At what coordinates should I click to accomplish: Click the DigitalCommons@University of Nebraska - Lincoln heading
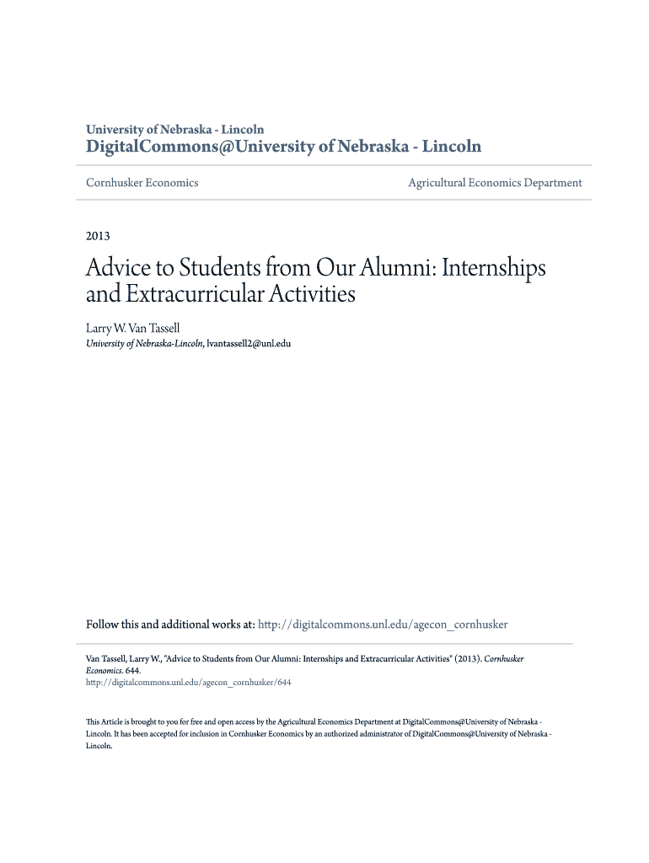click(284, 147)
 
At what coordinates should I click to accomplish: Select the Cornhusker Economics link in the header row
click(142, 182)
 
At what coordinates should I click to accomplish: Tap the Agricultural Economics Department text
click(495, 182)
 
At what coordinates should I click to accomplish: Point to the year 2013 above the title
click(98, 236)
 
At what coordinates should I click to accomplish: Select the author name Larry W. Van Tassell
click(133, 326)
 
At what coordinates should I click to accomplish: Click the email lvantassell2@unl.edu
click(249, 343)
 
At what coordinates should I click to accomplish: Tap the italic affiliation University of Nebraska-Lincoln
click(144, 343)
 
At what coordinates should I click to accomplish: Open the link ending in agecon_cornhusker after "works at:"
click(383, 624)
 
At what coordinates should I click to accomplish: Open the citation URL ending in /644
click(189, 683)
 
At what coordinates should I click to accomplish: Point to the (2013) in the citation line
click(467, 659)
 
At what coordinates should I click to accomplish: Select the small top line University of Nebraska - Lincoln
click(175, 130)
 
